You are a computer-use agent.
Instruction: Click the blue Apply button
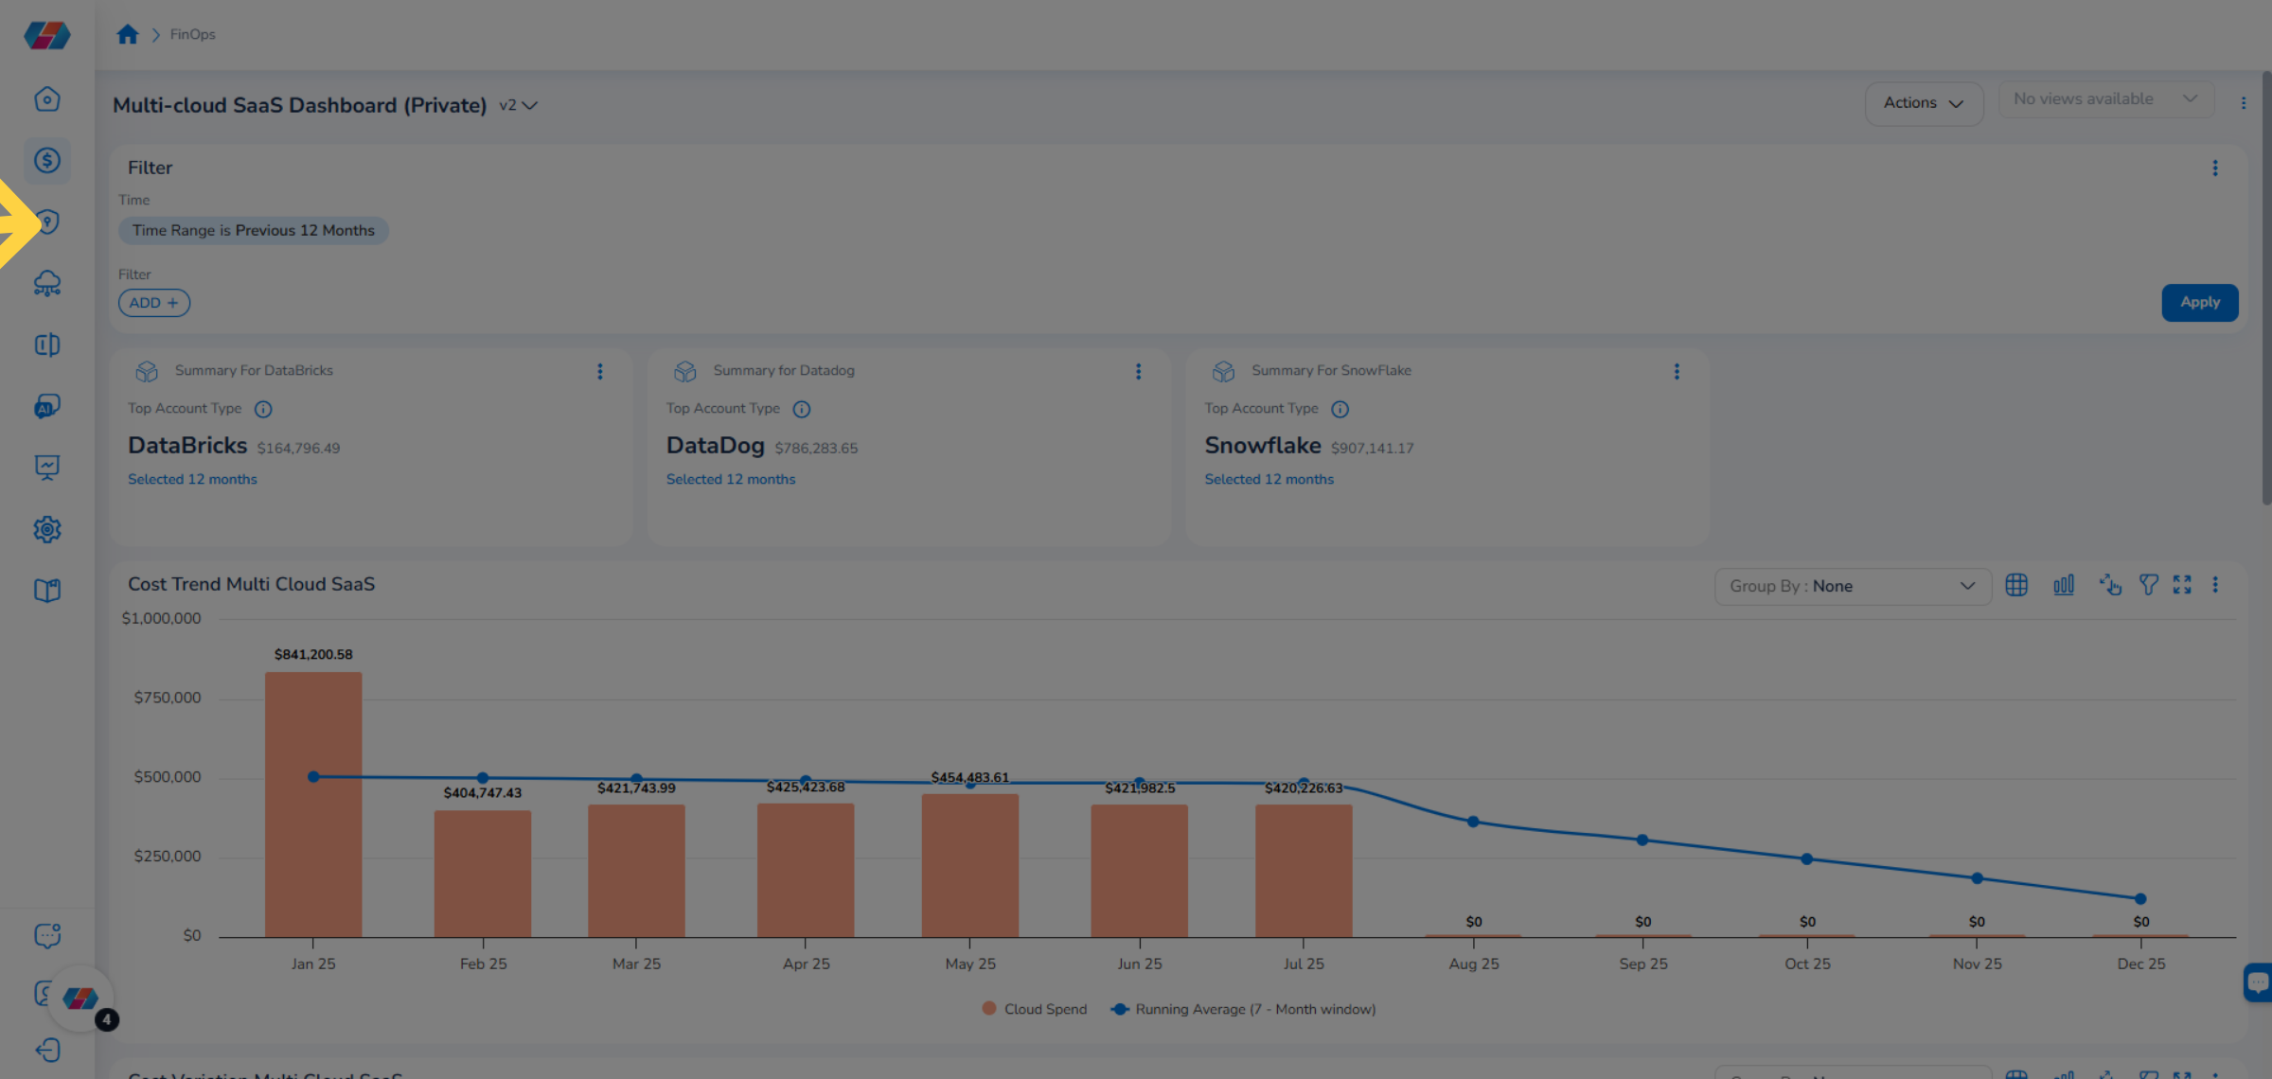coord(2199,303)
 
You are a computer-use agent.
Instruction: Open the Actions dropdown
coord(1923,103)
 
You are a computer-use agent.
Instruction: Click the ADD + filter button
coord(153,303)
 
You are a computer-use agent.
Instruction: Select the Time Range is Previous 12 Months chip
coord(253,230)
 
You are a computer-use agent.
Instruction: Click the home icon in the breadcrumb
coord(128,35)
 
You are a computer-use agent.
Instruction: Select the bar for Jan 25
coord(313,805)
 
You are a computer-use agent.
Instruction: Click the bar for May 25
coord(969,865)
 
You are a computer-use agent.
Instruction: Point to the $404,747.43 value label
coord(482,793)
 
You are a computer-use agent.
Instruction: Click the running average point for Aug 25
coord(1473,822)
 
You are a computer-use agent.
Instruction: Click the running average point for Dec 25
coord(2140,898)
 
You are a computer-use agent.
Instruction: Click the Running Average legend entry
coord(1244,1009)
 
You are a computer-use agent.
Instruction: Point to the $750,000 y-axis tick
coord(167,698)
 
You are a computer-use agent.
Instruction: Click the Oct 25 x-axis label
coord(1807,964)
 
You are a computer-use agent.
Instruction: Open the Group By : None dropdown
coord(1852,586)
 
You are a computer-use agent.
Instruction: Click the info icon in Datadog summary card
coord(802,409)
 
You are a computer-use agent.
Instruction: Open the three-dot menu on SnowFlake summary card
coord(1677,372)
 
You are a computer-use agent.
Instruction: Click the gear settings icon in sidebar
coord(47,529)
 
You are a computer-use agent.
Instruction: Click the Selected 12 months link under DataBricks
coord(192,480)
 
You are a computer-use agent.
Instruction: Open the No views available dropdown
coord(2104,99)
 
